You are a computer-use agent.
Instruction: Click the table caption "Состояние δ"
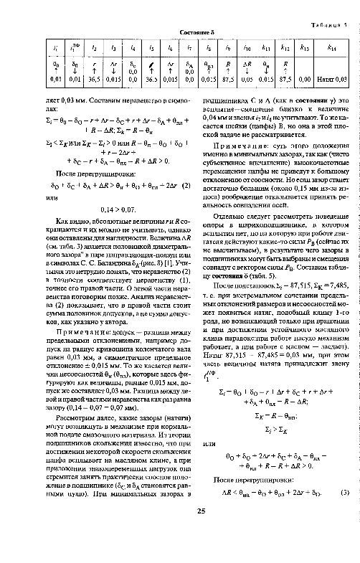[179, 33]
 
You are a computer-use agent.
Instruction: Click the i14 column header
[331, 47]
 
